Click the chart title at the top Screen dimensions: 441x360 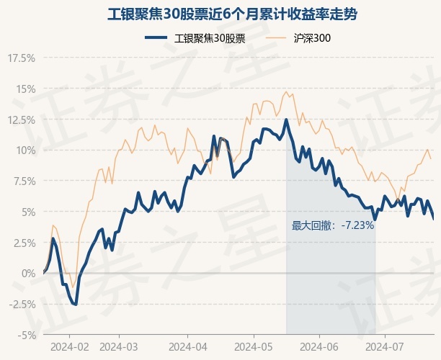pyautogui.click(x=232, y=14)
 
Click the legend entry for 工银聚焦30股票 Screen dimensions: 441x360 pyautogui.click(x=195, y=38)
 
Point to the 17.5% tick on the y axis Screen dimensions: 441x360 pyautogui.click(x=22, y=58)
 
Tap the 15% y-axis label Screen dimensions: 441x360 pyautogui.click(x=25, y=89)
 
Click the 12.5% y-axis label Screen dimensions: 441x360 pyautogui.click(x=22, y=120)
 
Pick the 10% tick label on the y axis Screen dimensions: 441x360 pyautogui.click(x=25, y=150)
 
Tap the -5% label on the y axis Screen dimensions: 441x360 pyautogui.click(x=27, y=335)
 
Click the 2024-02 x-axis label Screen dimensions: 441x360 pyautogui.click(x=69, y=347)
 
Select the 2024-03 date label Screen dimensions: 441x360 pyautogui.click(x=119, y=347)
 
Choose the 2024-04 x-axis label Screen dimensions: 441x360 pyautogui.click(x=188, y=347)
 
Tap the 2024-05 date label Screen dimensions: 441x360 pyautogui.click(x=254, y=347)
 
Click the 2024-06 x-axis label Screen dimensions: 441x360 pyautogui.click(x=319, y=347)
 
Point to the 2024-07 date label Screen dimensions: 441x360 pyautogui.click(x=385, y=347)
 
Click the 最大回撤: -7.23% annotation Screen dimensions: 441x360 pyautogui.click(x=333, y=225)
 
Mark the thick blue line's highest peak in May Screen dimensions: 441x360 pyautogui.click(x=286, y=120)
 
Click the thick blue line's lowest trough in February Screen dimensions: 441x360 pyautogui.click(x=76, y=305)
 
